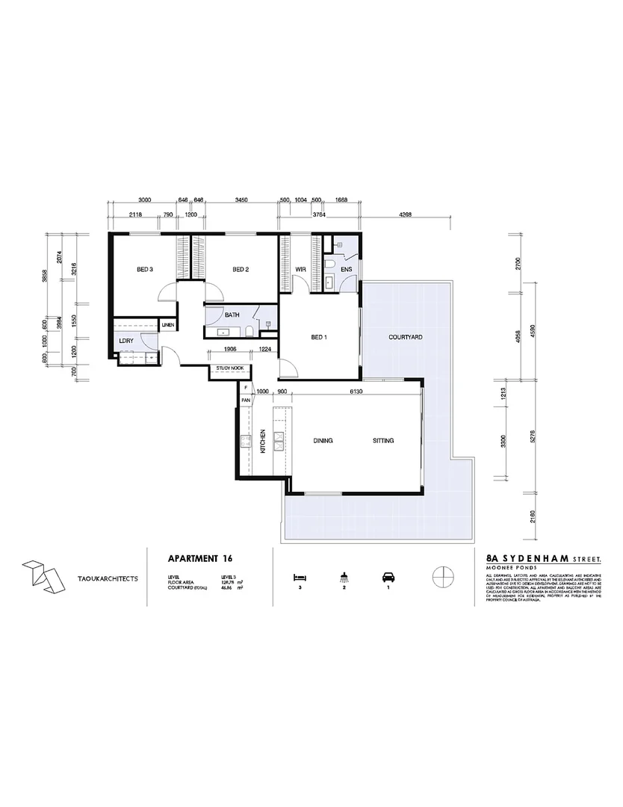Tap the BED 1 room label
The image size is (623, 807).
pos(319,337)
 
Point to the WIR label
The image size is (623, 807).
pos(302,269)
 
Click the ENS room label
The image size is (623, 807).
pos(346,269)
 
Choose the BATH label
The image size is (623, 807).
pos(232,315)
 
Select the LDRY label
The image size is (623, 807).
pos(125,341)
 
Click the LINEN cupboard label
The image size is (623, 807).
pos(168,325)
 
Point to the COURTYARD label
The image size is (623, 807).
pos(406,337)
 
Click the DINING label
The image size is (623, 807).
pos(323,441)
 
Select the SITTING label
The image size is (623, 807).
pos(383,441)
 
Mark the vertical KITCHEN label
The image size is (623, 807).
pos(263,442)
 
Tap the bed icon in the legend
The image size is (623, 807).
pos(300,577)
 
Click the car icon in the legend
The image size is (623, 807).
pos(388,577)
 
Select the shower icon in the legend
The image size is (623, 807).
pos(344,577)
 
